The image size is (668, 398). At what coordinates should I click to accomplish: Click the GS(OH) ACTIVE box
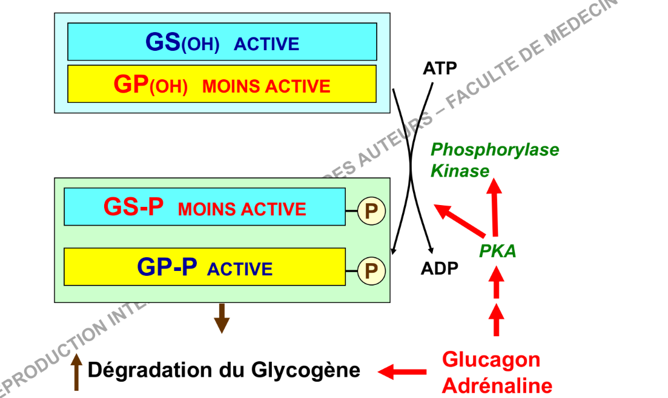click(222, 42)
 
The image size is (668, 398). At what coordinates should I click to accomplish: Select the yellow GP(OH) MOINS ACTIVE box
click(222, 84)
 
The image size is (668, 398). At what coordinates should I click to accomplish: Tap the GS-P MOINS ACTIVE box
click(205, 207)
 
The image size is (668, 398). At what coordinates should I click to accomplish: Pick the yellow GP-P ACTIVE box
click(205, 267)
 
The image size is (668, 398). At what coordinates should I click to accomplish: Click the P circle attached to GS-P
click(371, 211)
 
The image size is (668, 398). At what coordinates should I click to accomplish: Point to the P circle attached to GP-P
click(371, 270)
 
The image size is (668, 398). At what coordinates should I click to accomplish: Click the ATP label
click(440, 68)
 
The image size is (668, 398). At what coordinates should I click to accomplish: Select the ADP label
click(440, 267)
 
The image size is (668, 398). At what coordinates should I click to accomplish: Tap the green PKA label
click(498, 251)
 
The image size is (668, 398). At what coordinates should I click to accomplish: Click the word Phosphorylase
click(495, 149)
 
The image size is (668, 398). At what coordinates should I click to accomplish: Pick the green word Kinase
click(460, 171)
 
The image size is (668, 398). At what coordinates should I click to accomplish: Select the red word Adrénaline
click(497, 385)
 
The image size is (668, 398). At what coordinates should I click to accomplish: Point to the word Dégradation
click(145, 370)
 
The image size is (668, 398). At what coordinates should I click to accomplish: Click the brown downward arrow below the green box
click(222, 318)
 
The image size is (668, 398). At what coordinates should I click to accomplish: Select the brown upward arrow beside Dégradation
click(77, 372)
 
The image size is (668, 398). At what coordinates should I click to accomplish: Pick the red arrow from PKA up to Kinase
click(495, 206)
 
